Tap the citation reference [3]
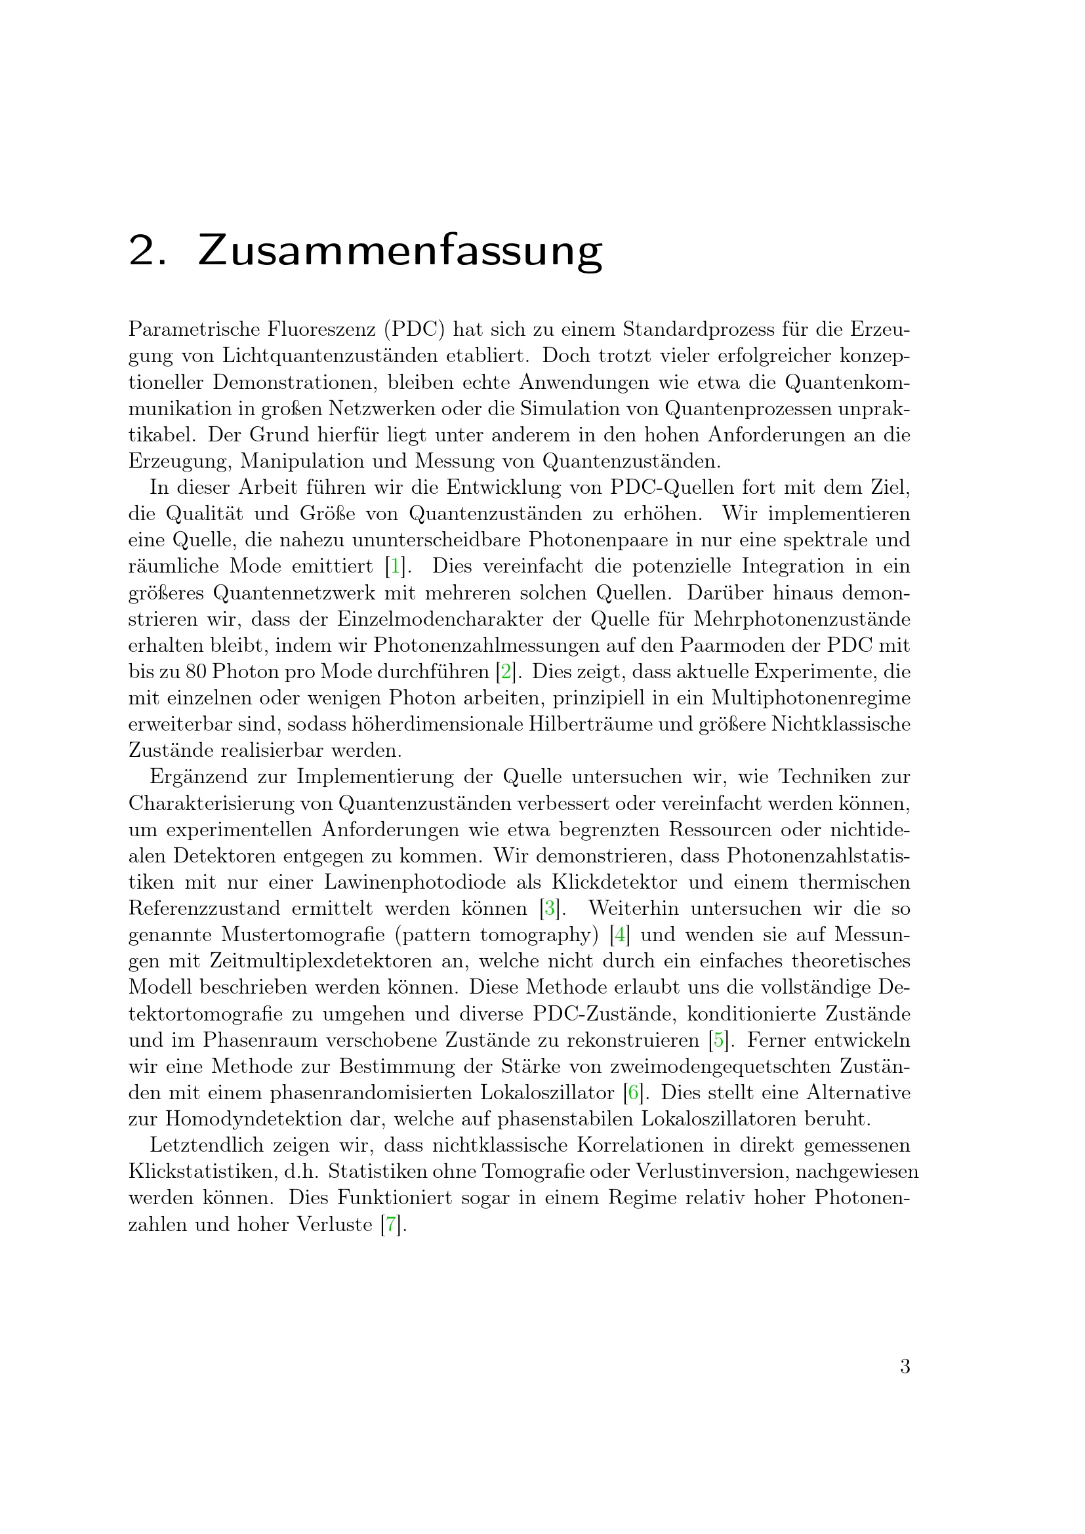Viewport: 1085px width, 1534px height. (x=549, y=908)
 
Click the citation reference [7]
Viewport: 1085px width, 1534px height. (x=391, y=1224)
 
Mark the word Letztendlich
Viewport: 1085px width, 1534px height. (x=205, y=1146)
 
